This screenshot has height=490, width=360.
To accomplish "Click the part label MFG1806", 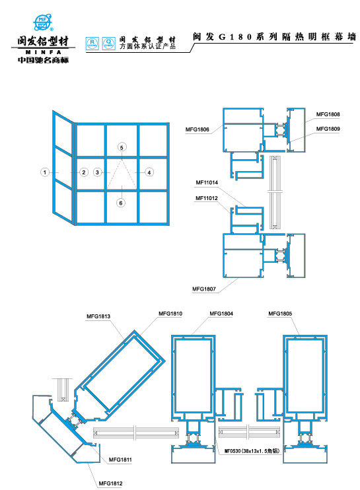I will coord(198,129).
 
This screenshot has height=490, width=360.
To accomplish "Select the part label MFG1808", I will coord(328,114).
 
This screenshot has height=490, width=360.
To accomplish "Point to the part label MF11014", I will coord(207,182).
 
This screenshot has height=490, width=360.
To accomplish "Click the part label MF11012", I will coord(207,197).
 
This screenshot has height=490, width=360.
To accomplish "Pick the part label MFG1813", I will coord(98,317).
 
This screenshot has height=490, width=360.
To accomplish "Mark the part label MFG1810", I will coord(170,312).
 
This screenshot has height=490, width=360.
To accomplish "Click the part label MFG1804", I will coord(221,312).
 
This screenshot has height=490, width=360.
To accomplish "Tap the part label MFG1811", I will coord(120,460).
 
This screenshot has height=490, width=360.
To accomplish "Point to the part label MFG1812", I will coord(111,483).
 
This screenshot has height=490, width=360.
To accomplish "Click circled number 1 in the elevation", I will coord(44,172).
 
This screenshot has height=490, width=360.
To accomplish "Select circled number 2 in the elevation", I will coord(84,172).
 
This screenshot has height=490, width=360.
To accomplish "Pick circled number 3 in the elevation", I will coord(98,172).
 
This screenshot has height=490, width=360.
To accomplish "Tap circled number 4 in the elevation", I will coord(149,172).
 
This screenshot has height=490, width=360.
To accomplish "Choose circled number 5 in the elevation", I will coord(121,147).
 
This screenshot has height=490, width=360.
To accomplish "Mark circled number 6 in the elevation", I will coord(121,203).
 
